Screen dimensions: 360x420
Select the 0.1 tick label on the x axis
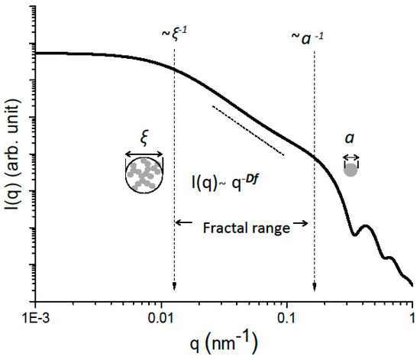pos(287,316)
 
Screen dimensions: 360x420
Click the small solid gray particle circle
pos(351,170)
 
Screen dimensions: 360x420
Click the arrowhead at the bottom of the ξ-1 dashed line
pos(175,287)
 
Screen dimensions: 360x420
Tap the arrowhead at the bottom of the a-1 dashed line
pos(315,287)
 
